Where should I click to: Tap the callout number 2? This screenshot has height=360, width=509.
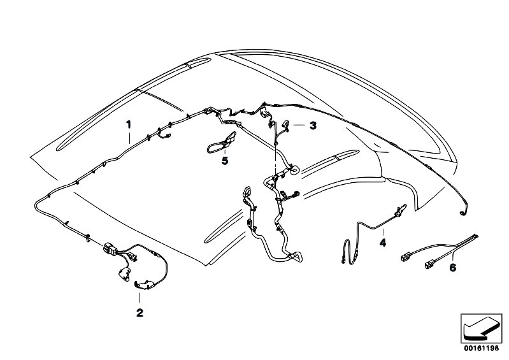pos(140,312)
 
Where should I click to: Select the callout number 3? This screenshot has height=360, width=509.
pos(313,126)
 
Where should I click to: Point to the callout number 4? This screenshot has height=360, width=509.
pos(382,243)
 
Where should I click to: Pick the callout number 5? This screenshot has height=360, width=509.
pos(224,161)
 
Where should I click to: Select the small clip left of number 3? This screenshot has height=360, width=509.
pos(285,126)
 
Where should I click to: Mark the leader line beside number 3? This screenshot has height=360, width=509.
pos(299,126)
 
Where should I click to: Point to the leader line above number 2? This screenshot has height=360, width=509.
pos(140,297)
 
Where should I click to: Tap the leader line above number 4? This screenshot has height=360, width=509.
pos(382,231)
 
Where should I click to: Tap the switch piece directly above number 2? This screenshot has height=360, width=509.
pos(141,285)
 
